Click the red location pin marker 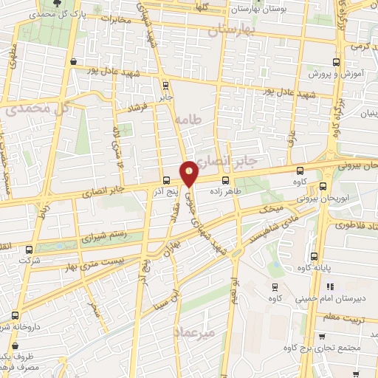point(190,174)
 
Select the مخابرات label point(115,20)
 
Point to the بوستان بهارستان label point(258,8)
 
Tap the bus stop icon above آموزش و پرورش point(336,62)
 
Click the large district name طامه point(189,118)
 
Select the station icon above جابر point(165,84)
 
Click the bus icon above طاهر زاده point(225,179)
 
